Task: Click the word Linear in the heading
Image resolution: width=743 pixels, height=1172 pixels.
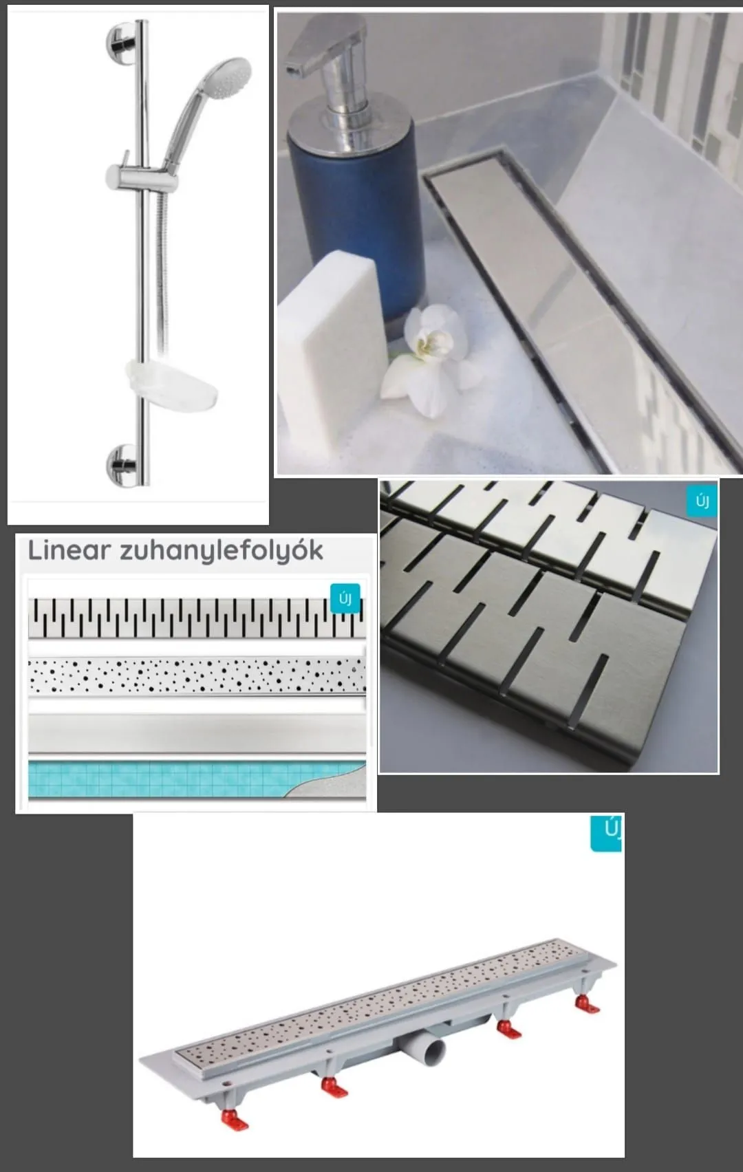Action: (69, 550)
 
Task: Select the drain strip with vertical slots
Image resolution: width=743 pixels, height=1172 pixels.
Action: (197, 618)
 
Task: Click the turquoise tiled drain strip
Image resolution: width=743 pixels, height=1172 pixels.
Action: (197, 779)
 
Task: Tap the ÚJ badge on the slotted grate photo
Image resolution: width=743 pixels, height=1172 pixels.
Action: (702, 502)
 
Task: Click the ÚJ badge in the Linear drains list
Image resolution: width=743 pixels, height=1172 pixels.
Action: (345, 598)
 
